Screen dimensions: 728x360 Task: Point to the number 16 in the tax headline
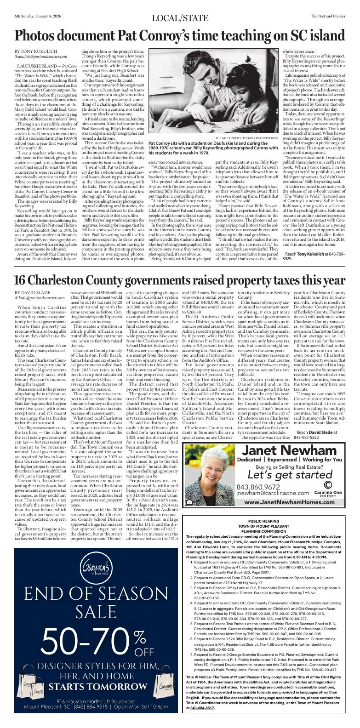tap(22, 280)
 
